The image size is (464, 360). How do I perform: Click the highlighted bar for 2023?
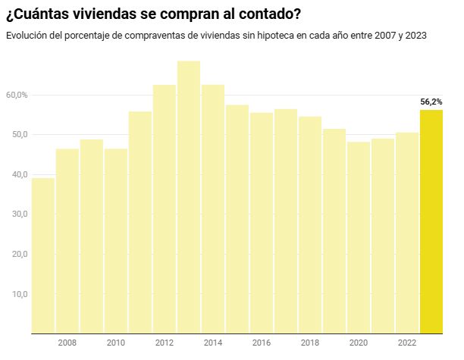pos(431,221)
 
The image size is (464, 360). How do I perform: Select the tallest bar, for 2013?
pos(189,197)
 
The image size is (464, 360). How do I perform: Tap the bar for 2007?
pos(42,255)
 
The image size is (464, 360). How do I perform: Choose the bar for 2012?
pos(165,209)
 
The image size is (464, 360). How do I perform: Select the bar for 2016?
pos(262,223)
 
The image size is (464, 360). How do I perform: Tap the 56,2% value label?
pos(431,101)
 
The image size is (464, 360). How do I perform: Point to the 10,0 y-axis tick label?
pos(17,294)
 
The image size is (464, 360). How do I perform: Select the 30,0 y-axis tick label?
pos(17,214)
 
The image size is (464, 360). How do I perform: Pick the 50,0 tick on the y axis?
pos(17,135)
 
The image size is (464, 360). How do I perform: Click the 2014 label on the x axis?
pos(213,343)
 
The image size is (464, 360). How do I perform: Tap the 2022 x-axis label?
pos(407,343)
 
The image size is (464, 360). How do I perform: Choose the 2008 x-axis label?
pos(67,343)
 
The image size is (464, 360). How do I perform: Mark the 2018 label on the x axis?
pos(310,343)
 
